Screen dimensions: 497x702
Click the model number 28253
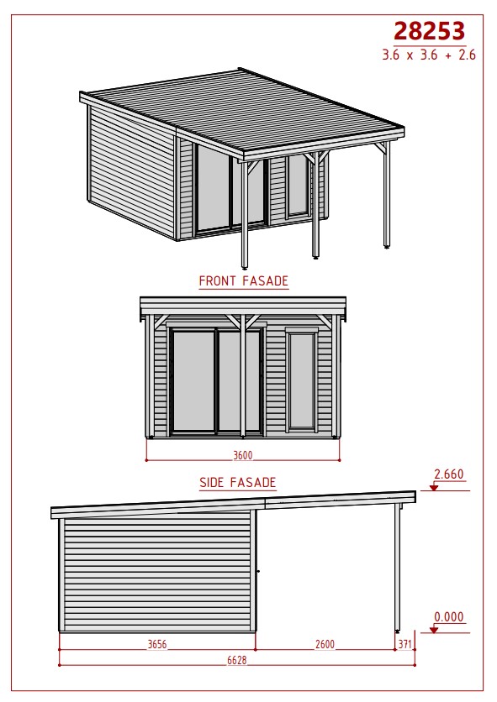(x=429, y=31)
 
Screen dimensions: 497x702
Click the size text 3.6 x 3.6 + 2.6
(x=429, y=55)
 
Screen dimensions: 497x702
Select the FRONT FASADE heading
(x=244, y=281)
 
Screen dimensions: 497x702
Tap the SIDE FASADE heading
(x=238, y=483)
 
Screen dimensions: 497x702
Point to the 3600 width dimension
(x=243, y=455)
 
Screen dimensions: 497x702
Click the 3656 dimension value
(x=157, y=644)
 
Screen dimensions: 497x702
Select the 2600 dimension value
(x=325, y=644)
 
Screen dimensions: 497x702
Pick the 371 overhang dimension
(x=404, y=644)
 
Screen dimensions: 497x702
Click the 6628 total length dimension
(x=237, y=660)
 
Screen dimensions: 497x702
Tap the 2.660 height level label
(x=449, y=474)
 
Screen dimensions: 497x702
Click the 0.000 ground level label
(x=449, y=617)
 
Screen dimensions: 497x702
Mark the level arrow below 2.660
(x=433, y=488)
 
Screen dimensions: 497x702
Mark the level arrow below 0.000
(x=433, y=630)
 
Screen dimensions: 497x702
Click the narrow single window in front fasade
(x=302, y=381)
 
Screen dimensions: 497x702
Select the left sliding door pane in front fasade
(x=193, y=381)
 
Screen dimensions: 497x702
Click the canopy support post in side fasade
(x=397, y=568)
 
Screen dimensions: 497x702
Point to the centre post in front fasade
(x=243, y=375)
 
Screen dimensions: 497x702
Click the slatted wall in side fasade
(x=157, y=572)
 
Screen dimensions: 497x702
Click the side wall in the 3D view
(x=131, y=172)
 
